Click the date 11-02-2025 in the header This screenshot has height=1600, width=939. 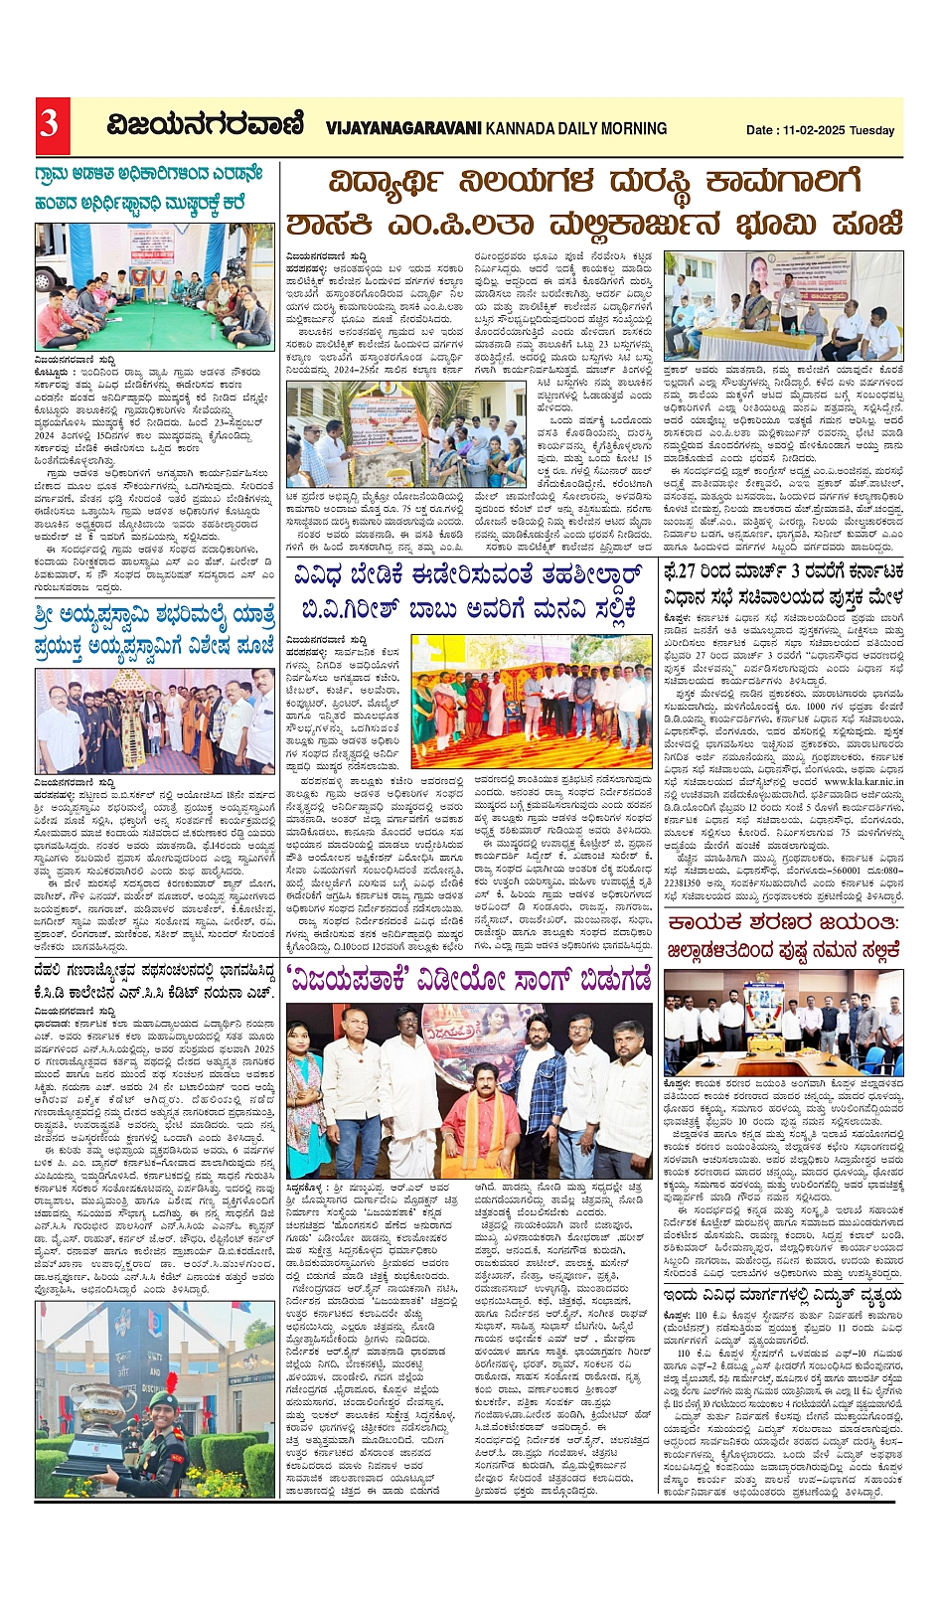(x=814, y=130)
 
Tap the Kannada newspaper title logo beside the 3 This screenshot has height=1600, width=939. (x=206, y=125)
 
